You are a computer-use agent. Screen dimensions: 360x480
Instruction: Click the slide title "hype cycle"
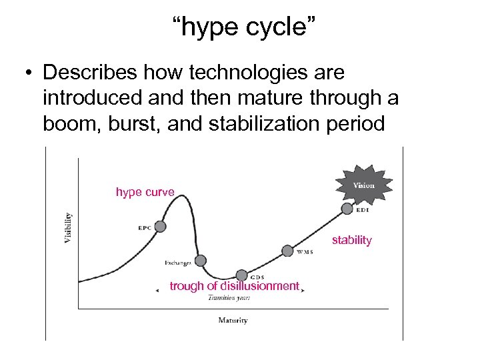click(x=239, y=28)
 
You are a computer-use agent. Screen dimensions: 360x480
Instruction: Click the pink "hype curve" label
click(x=145, y=192)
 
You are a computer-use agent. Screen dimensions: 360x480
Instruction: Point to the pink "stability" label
click(x=351, y=240)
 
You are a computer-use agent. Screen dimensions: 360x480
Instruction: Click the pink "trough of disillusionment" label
click(x=234, y=286)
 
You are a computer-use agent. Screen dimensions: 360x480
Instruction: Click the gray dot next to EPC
click(x=160, y=227)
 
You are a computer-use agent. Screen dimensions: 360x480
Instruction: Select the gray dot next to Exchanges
click(x=200, y=261)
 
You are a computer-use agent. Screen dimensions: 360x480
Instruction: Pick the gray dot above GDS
click(x=241, y=275)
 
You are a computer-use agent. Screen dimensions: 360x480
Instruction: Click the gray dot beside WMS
click(x=287, y=251)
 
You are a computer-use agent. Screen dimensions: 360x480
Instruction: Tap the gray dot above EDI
click(x=347, y=209)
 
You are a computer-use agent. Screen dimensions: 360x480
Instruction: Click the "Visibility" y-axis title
click(x=68, y=227)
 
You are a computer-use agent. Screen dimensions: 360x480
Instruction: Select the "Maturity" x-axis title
click(x=233, y=320)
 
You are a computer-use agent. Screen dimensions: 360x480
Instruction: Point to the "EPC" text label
click(x=145, y=228)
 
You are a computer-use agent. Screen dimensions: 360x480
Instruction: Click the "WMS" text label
click(x=305, y=252)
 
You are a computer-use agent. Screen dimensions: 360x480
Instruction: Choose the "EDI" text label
click(x=363, y=211)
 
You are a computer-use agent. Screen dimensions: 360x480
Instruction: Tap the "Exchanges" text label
click(x=178, y=263)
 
